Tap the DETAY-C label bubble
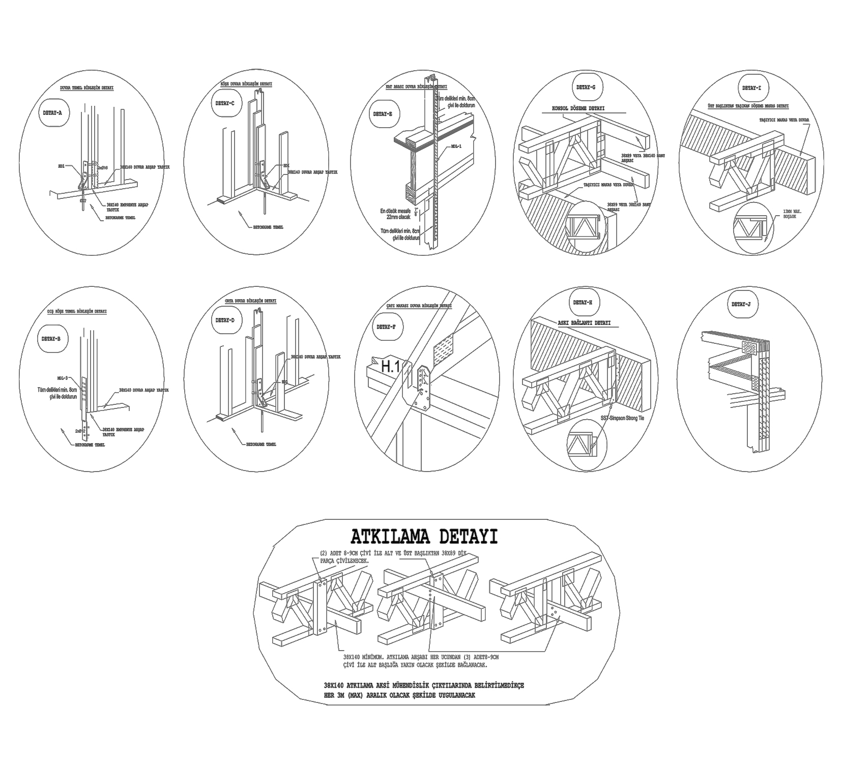click(x=225, y=103)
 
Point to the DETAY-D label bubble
click(x=225, y=320)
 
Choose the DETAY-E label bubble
click(x=383, y=114)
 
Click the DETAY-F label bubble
click(x=387, y=327)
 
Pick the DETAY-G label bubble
click(x=586, y=87)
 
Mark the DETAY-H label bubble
click(x=583, y=302)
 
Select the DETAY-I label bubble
click(x=752, y=87)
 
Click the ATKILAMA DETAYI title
click(x=424, y=537)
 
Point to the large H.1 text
click(x=390, y=366)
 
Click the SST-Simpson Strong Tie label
click(x=622, y=418)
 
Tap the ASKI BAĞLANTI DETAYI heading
click(x=584, y=323)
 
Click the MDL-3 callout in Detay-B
click(x=63, y=378)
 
